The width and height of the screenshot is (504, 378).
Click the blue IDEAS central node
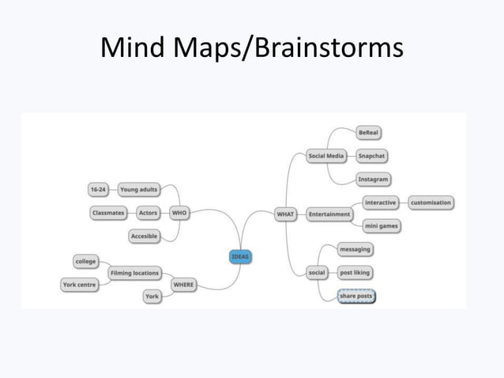241,256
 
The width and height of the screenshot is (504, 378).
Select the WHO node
179,213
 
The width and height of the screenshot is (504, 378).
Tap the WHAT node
285,214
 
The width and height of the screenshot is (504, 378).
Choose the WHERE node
183,285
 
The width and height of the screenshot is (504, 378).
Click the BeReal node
368,132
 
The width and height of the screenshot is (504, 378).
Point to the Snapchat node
371,156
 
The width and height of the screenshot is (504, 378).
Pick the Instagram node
373,180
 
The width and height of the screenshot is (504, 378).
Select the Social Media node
326,156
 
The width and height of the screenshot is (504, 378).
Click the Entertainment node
329,214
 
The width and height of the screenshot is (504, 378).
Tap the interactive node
381,202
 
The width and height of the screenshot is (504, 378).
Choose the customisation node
431,202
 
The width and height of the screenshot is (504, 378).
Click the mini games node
381,226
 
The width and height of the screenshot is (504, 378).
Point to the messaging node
355,249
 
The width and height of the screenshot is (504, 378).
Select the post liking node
354,273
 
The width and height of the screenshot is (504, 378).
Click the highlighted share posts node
355,297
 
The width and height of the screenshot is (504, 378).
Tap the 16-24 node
98,190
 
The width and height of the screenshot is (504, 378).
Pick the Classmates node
108,213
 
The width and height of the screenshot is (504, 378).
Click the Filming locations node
134,273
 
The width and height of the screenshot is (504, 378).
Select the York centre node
80,285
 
